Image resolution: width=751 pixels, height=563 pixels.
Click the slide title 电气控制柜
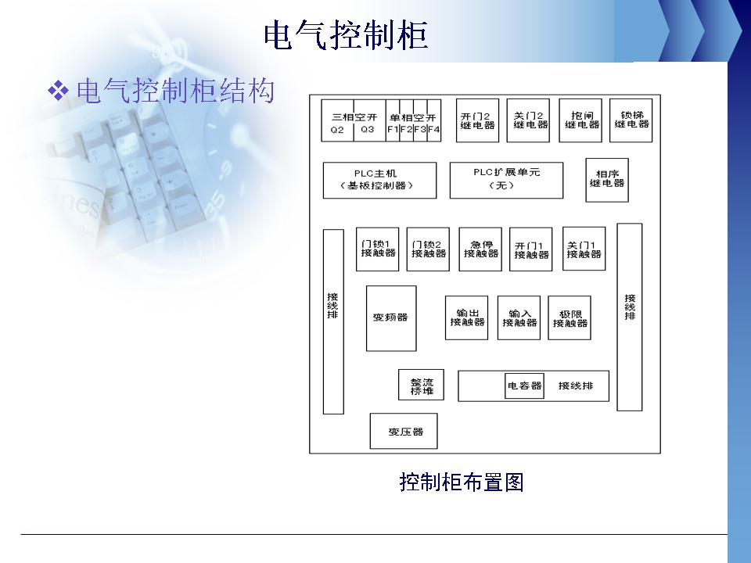click(x=347, y=35)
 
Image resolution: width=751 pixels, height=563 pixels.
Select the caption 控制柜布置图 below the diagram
click(x=461, y=482)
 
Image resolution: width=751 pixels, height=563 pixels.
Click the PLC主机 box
click(x=379, y=181)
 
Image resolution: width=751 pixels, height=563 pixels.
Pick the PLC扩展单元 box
click(x=506, y=180)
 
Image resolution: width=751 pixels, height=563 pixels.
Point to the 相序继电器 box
click(x=607, y=179)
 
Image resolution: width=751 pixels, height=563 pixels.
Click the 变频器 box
click(x=391, y=317)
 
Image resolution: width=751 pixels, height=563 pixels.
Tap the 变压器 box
click(x=404, y=431)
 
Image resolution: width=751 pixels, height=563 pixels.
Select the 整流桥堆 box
click(x=422, y=386)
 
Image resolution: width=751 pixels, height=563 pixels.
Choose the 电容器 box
click(x=524, y=385)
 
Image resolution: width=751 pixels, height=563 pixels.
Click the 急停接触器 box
click(x=480, y=249)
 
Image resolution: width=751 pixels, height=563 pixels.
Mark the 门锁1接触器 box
click(x=378, y=249)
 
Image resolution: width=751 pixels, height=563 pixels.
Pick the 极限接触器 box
click(x=570, y=317)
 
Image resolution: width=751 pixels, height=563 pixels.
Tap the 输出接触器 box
click(x=466, y=317)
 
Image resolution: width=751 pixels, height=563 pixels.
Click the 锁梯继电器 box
click(x=631, y=120)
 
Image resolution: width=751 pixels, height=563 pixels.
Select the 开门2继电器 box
click(x=477, y=120)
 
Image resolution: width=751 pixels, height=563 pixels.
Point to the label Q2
click(x=337, y=129)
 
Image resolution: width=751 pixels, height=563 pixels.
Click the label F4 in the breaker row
click(x=433, y=129)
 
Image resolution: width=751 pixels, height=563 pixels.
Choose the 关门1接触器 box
click(x=584, y=249)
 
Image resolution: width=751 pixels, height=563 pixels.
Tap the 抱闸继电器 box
click(x=580, y=120)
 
